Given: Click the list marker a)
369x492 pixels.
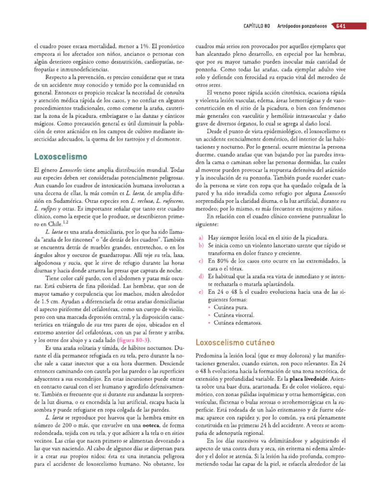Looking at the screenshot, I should (x=200, y=238).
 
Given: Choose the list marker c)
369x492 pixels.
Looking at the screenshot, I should (x=200, y=261).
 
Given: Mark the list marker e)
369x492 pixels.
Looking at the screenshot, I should (x=200, y=292).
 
